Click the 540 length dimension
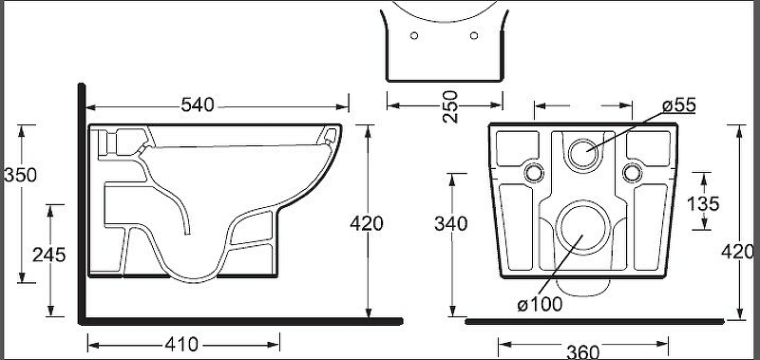pyautogui.click(x=198, y=104)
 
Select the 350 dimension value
pyautogui.click(x=20, y=175)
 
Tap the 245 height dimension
pyautogui.click(x=49, y=255)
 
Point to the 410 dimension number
pyautogui.click(x=181, y=345)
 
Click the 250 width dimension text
pyautogui.click(x=450, y=106)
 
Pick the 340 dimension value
pyautogui.click(x=450, y=224)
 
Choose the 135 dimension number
pyautogui.click(x=703, y=204)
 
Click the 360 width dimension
pyautogui.click(x=583, y=351)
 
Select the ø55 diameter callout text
pyautogui.click(x=679, y=105)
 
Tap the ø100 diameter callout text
pyautogui.click(x=540, y=305)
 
